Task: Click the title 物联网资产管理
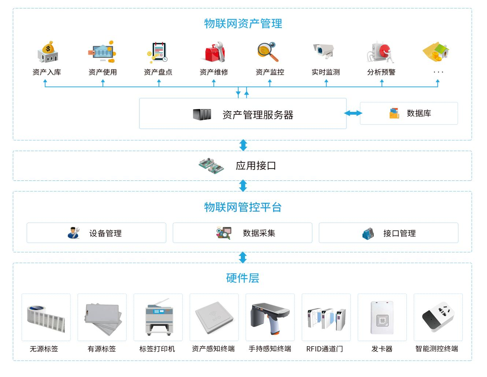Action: [x=243, y=23]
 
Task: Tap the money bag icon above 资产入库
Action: [x=48, y=52]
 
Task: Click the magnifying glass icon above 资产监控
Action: [x=268, y=52]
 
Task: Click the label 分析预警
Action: [x=381, y=72]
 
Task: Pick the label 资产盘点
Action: [x=158, y=72]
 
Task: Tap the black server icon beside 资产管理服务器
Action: [x=202, y=114]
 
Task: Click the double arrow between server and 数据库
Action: [x=353, y=113]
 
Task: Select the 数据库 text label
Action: [x=419, y=113]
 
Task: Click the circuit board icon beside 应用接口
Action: [x=211, y=166]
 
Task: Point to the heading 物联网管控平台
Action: [x=243, y=207]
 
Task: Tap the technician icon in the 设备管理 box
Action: [x=74, y=233]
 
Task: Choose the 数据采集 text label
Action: [x=259, y=233]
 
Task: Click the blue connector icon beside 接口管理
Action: [x=368, y=234]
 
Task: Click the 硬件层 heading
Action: [x=243, y=278]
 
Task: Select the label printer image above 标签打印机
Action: [x=159, y=317]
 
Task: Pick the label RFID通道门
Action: [x=324, y=349]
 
